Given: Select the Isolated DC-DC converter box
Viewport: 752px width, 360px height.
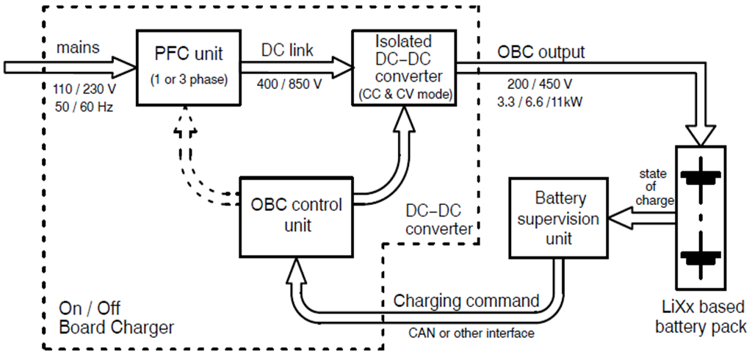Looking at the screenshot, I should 402,67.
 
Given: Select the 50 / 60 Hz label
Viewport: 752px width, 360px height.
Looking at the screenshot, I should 80,107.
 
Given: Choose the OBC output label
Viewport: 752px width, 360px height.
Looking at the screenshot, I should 541,52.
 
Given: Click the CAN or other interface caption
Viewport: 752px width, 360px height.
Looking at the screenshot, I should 471,333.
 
